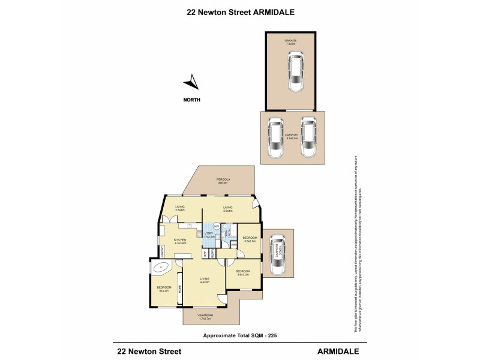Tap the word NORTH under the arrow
point(192,100)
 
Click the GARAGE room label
point(291,42)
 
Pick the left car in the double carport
point(275,138)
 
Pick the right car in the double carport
point(308,137)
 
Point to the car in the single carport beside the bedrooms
point(277,254)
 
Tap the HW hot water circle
point(216,226)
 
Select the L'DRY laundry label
point(209,235)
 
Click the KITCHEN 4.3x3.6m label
point(181,241)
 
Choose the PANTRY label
point(162,255)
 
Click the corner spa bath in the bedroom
point(160,269)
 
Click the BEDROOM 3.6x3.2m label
point(242,272)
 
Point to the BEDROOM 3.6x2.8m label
point(250,239)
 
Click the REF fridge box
point(205,254)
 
